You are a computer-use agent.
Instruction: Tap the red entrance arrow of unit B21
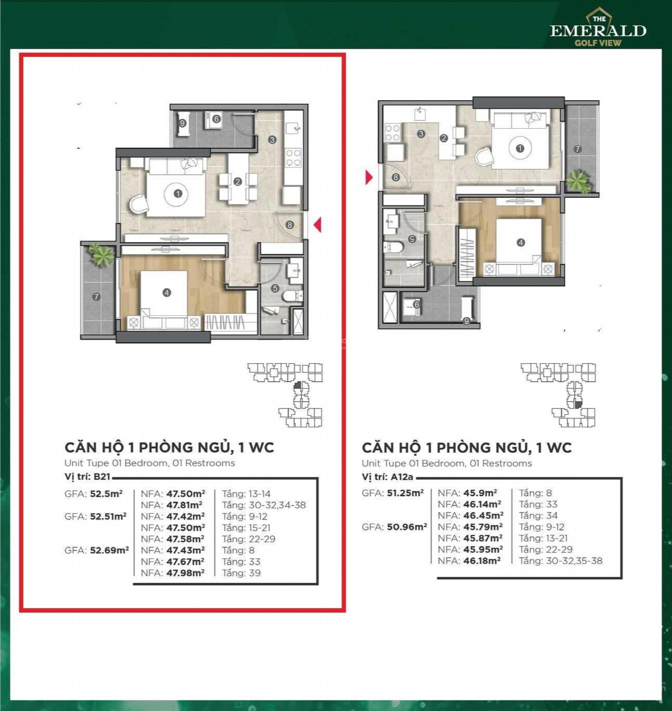click(317, 225)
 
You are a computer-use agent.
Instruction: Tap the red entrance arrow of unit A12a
click(369, 177)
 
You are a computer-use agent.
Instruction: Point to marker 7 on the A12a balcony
click(577, 149)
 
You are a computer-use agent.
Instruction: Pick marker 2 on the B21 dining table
click(237, 182)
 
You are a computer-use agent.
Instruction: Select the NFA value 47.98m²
click(185, 572)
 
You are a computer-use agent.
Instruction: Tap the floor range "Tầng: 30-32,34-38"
click(264, 505)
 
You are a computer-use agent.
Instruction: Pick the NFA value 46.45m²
click(483, 515)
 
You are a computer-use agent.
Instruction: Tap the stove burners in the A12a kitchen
click(392, 133)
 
